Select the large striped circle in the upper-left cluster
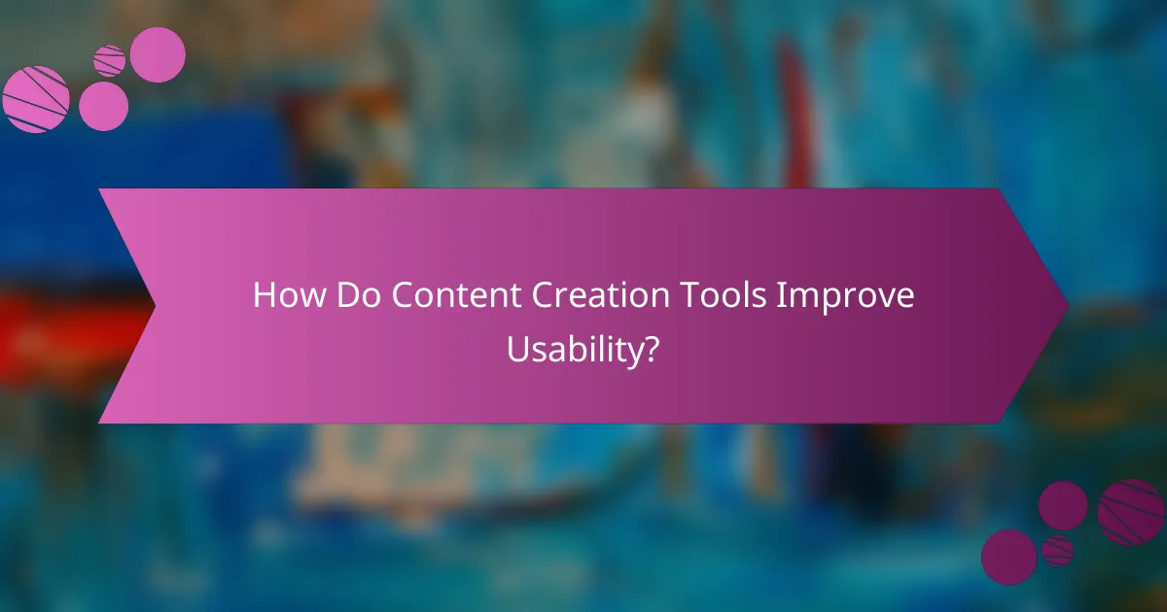click(35, 99)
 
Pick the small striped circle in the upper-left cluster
click(109, 60)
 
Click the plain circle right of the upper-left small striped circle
click(158, 54)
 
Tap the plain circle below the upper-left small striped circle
click(103, 106)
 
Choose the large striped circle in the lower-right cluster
click(1131, 512)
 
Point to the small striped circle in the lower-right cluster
click(1057, 551)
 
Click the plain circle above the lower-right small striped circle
click(1063, 505)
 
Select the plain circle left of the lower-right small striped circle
click(1008, 557)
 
